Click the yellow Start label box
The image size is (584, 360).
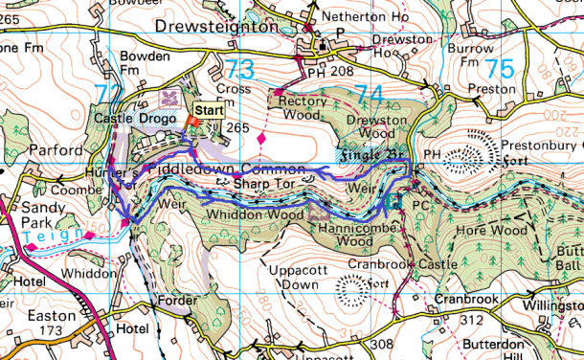coord(210,110)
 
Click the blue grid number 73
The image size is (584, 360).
coord(240,70)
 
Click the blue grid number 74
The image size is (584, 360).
coord(371,94)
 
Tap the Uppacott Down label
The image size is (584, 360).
coord(292,278)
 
